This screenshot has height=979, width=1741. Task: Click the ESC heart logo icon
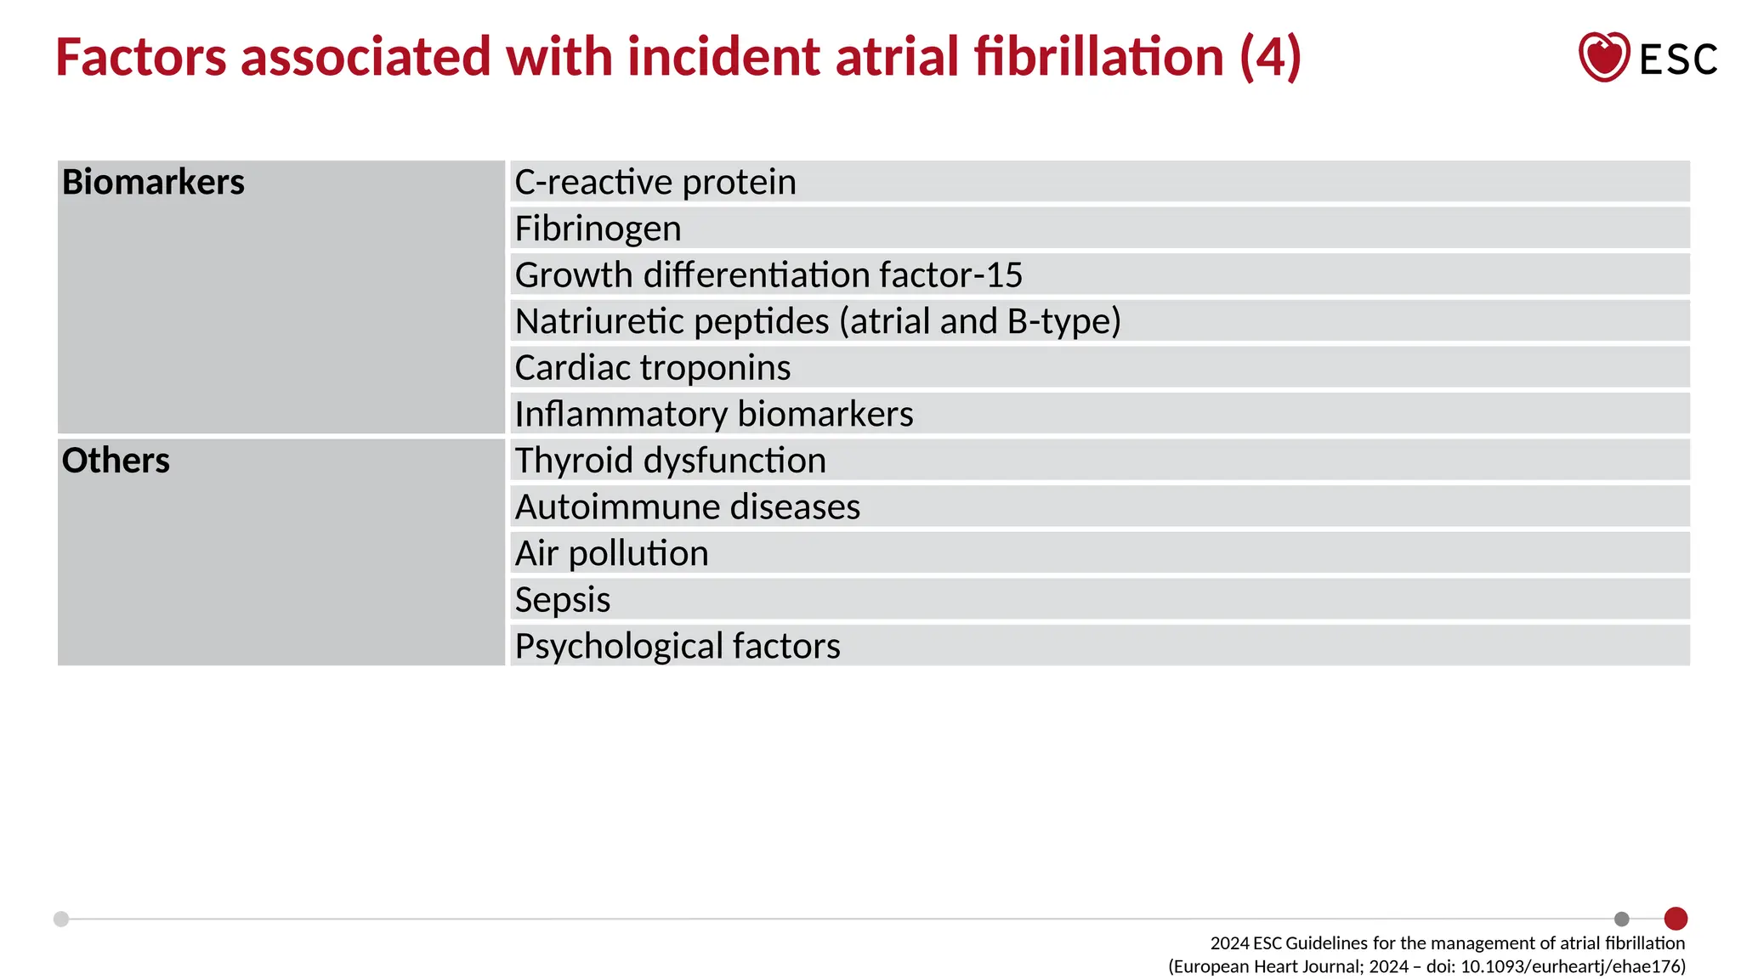[1603, 57]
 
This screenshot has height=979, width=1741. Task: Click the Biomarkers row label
[153, 182]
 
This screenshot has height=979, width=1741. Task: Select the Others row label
[116, 461]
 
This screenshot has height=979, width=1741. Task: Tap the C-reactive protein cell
[655, 182]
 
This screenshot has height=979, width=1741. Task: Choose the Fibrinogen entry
[598, 229]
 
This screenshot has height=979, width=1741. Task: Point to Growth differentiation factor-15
[768, 275]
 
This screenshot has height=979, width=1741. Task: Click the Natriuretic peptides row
[818, 321]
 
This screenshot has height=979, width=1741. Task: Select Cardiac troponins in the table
[653, 368]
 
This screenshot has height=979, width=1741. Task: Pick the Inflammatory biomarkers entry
[714, 414]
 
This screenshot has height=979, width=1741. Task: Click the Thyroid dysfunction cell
[670, 461]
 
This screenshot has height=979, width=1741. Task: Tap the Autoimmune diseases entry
[688, 507]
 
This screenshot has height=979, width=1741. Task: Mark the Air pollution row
[611, 553]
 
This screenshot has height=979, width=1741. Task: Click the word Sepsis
[563, 600]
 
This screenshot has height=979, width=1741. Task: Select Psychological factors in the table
[678, 646]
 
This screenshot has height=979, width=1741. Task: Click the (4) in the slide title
[1270, 57]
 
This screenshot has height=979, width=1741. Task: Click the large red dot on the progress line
[1676, 919]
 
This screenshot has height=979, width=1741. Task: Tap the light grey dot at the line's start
[61, 919]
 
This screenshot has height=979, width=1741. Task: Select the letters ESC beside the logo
[1678, 59]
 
